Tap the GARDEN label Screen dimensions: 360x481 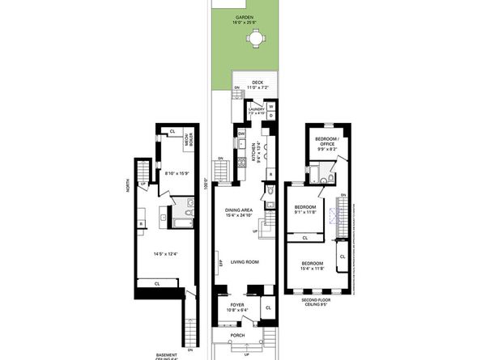pyautogui.click(x=245, y=16)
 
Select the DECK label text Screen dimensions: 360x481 pyautogui.click(x=258, y=82)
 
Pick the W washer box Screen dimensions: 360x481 pyautogui.click(x=270, y=106)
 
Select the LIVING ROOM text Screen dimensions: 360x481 pyautogui.click(x=244, y=262)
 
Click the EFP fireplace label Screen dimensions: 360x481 pyautogui.click(x=219, y=264)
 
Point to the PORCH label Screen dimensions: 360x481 pyautogui.click(x=238, y=335)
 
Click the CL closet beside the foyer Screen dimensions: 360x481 pyautogui.click(x=268, y=307)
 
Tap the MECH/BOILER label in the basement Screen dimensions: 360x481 pyautogui.click(x=187, y=144)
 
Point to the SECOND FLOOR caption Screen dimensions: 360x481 pyautogui.click(x=313, y=301)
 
